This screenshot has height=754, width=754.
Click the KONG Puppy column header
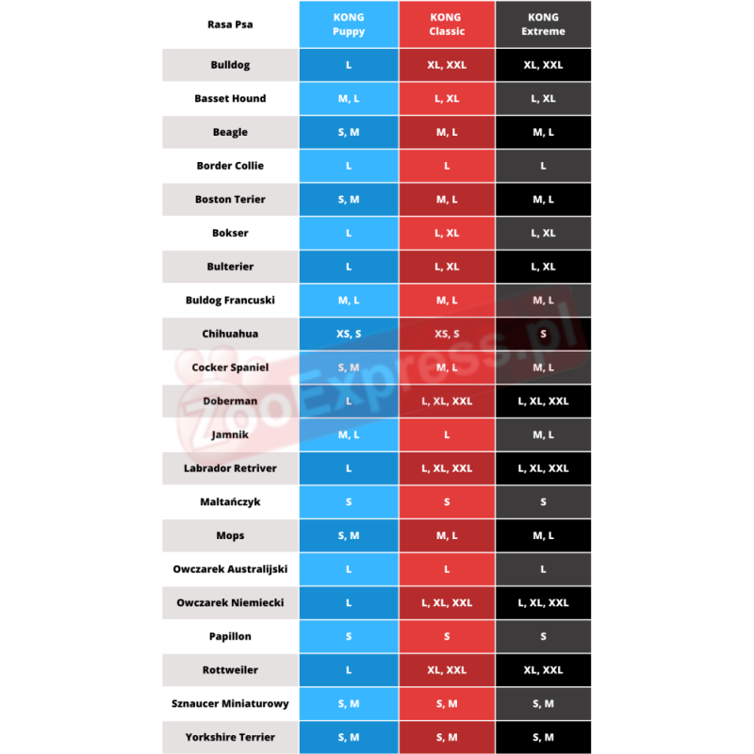pos(349,25)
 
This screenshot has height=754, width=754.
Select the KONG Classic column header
pos(447,25)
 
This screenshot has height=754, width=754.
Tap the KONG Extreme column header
pos(544,25)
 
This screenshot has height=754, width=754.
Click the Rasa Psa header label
pos(230,25)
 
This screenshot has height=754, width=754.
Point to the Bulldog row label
pos(230,65)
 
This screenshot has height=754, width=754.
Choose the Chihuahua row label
pos(230,334)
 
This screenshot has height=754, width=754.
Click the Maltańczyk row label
pos(230,502)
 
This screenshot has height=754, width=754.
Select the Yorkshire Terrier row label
pos(230,737)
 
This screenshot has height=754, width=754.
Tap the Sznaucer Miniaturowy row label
pos(230,703)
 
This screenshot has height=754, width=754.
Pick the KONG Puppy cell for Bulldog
pos(349,65)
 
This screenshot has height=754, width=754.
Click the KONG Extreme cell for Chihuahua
pos(544,334)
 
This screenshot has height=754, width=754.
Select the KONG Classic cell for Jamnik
pos(447,434)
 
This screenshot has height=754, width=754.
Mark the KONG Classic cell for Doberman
pos(447,402)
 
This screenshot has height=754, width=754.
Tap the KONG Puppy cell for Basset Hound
pos(349,99)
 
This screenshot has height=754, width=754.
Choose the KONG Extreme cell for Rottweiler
pos(544,670)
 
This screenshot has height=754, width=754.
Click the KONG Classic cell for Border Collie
pos(447,166)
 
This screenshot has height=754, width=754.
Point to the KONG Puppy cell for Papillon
pos(349,636)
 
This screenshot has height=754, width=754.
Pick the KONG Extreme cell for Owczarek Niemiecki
pos(544,602)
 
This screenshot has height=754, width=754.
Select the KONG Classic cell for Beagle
pos(447,132)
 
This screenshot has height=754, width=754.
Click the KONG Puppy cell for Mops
pos(349,535)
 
